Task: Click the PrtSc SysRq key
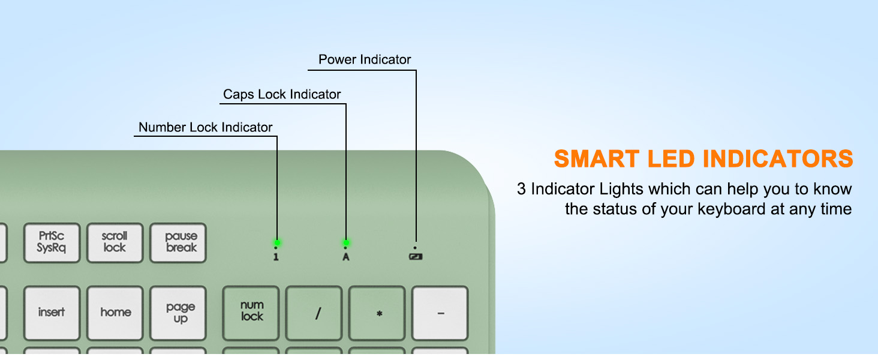(52, 243)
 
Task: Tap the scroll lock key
(115, 243)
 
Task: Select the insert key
(52, 313)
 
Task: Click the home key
(115, 313)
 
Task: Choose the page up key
(178, 313)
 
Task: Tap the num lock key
(251, 313)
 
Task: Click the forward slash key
(314, 313)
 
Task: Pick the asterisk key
(377, 313)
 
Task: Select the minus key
(440, 313)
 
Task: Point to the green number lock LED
(276, 243)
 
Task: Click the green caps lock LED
(345, 243)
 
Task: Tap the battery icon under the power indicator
(416, 257)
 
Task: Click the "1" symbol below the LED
(276, 257)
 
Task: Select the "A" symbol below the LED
(345, 257)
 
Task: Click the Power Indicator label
(365, 59)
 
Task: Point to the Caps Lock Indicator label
(282, 95)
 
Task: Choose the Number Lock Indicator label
(205, 127)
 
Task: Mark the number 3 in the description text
(521, 189)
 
